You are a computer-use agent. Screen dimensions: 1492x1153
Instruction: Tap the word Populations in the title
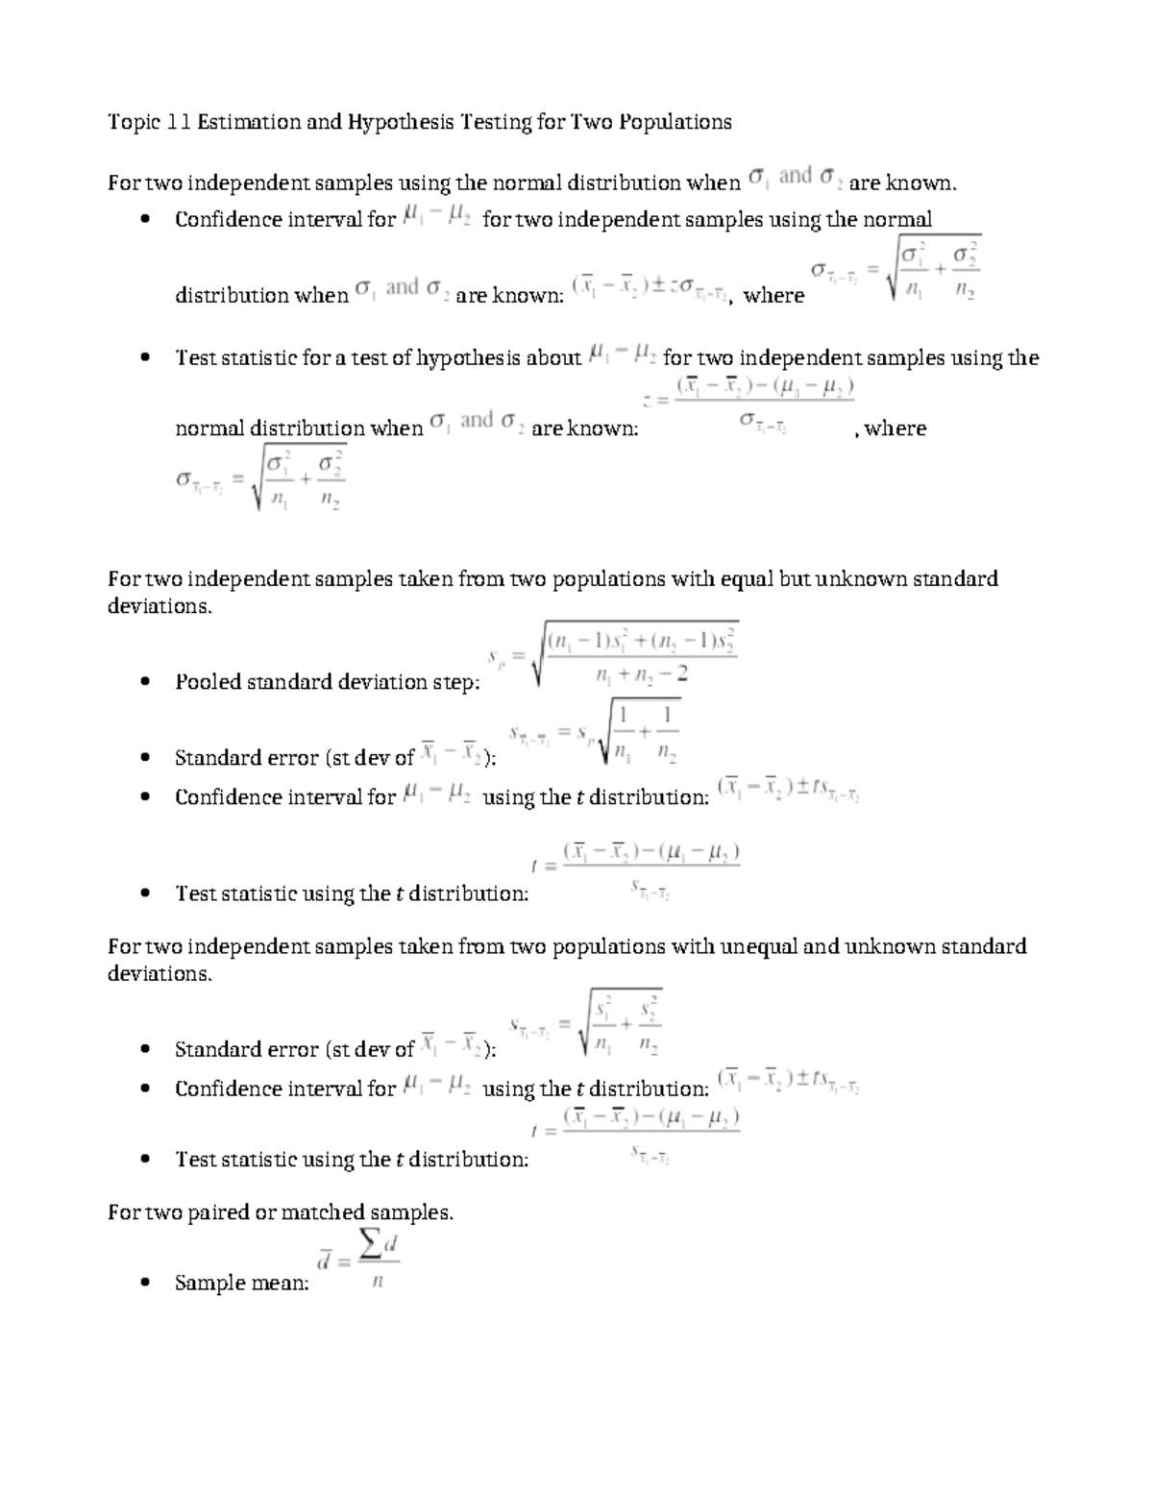pos(675,122)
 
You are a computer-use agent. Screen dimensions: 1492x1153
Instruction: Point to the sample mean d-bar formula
pos(358,1260)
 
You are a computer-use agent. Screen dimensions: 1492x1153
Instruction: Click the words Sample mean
pos(242,1283)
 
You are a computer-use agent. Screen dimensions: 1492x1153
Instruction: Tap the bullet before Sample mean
pos(144,1283)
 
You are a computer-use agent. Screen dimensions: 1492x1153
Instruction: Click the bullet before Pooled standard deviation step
pos(144,682)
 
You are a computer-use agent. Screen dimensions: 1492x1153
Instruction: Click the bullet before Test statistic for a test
pos(144,358)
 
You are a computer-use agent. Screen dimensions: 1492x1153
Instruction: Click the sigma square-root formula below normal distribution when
pos(260,478)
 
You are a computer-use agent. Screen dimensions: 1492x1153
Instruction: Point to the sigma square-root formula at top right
pos(895,270)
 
